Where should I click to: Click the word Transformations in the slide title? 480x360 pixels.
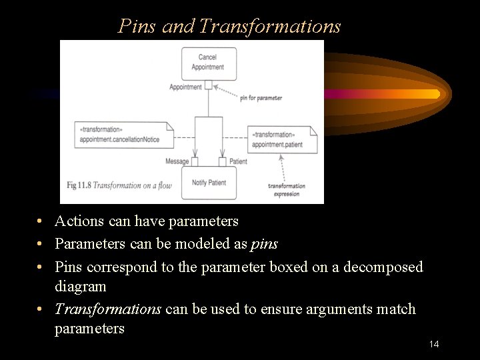[270, 26]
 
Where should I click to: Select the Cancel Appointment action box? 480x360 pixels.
[208, 62]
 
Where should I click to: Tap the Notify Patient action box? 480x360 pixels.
[209, 183]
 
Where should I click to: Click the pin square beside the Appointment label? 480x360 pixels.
[209, 85]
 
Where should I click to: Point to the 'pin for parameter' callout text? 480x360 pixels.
[261, 98]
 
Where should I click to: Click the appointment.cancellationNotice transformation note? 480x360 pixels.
[123, 135]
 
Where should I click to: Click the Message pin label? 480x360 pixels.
[177, 161]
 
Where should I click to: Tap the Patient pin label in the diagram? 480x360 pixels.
[238, 161]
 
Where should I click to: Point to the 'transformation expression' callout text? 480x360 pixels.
[287, 190]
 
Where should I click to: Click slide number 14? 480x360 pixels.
[434, 344]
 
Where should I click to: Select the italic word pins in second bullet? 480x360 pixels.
[264, 244]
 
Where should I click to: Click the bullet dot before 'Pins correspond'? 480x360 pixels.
[41, 267]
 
